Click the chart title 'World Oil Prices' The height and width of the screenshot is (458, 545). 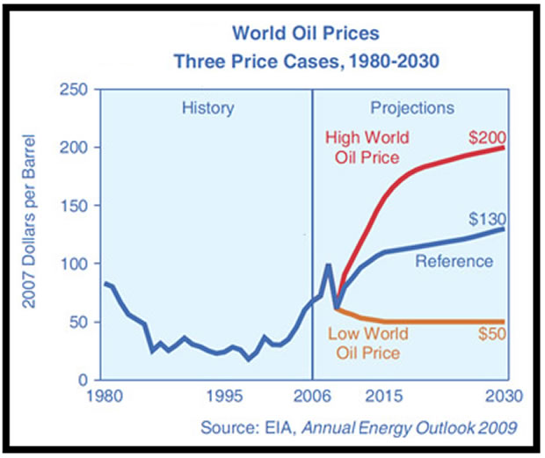pos(305,34)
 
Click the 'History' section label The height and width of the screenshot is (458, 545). pos(207,109)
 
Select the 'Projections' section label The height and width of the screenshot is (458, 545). pos(412,109)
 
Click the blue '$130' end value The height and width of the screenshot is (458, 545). pos(488,218)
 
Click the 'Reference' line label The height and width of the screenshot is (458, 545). pos(454,261)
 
